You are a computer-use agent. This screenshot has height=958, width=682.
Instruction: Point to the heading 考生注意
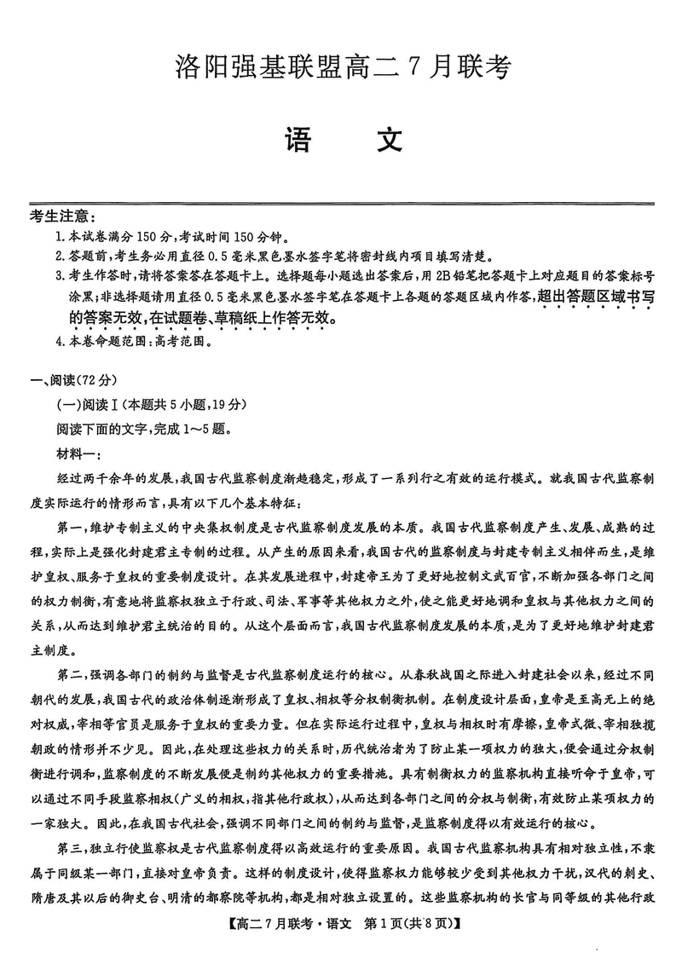click(x=62, y=218)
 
